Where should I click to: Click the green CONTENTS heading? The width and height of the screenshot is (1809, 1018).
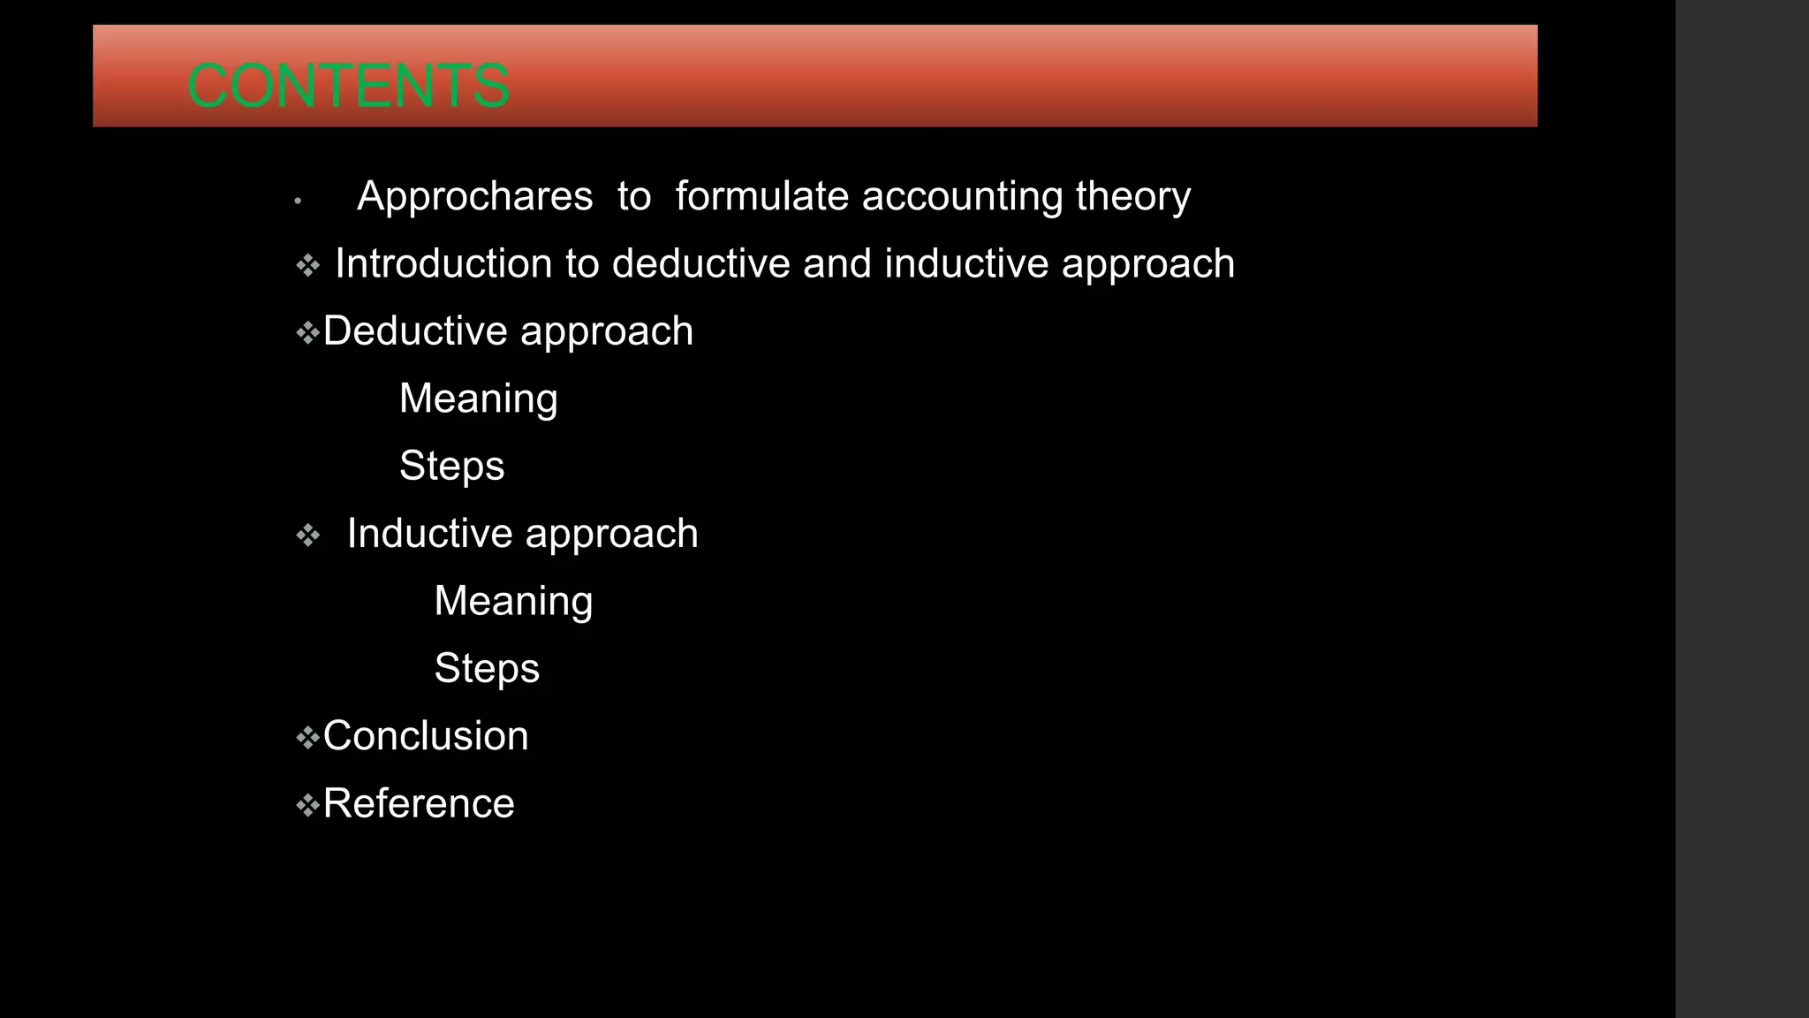(348, 86)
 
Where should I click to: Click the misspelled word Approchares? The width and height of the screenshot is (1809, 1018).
(474, 196)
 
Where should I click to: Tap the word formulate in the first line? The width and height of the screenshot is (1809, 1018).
(761, 196)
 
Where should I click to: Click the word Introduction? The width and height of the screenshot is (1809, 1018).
(443, 263)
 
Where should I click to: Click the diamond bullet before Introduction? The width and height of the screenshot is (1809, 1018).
(307, 265)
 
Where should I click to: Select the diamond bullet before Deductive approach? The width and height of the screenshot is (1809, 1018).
(307, 333)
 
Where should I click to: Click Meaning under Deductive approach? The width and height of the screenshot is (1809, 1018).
(478, 399)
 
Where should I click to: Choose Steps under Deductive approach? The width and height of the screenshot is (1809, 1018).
(451, 466)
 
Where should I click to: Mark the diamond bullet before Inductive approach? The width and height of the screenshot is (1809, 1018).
(307, 536)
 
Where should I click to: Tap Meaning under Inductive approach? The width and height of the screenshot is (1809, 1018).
(513, 601)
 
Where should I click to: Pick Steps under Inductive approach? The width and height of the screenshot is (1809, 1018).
(487, 668)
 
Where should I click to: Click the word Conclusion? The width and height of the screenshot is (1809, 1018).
(426, 736)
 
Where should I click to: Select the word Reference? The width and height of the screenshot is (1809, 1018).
(419, 803)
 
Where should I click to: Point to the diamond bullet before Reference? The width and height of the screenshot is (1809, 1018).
(307, 805)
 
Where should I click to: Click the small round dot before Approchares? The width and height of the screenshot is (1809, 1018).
(299, 201)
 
